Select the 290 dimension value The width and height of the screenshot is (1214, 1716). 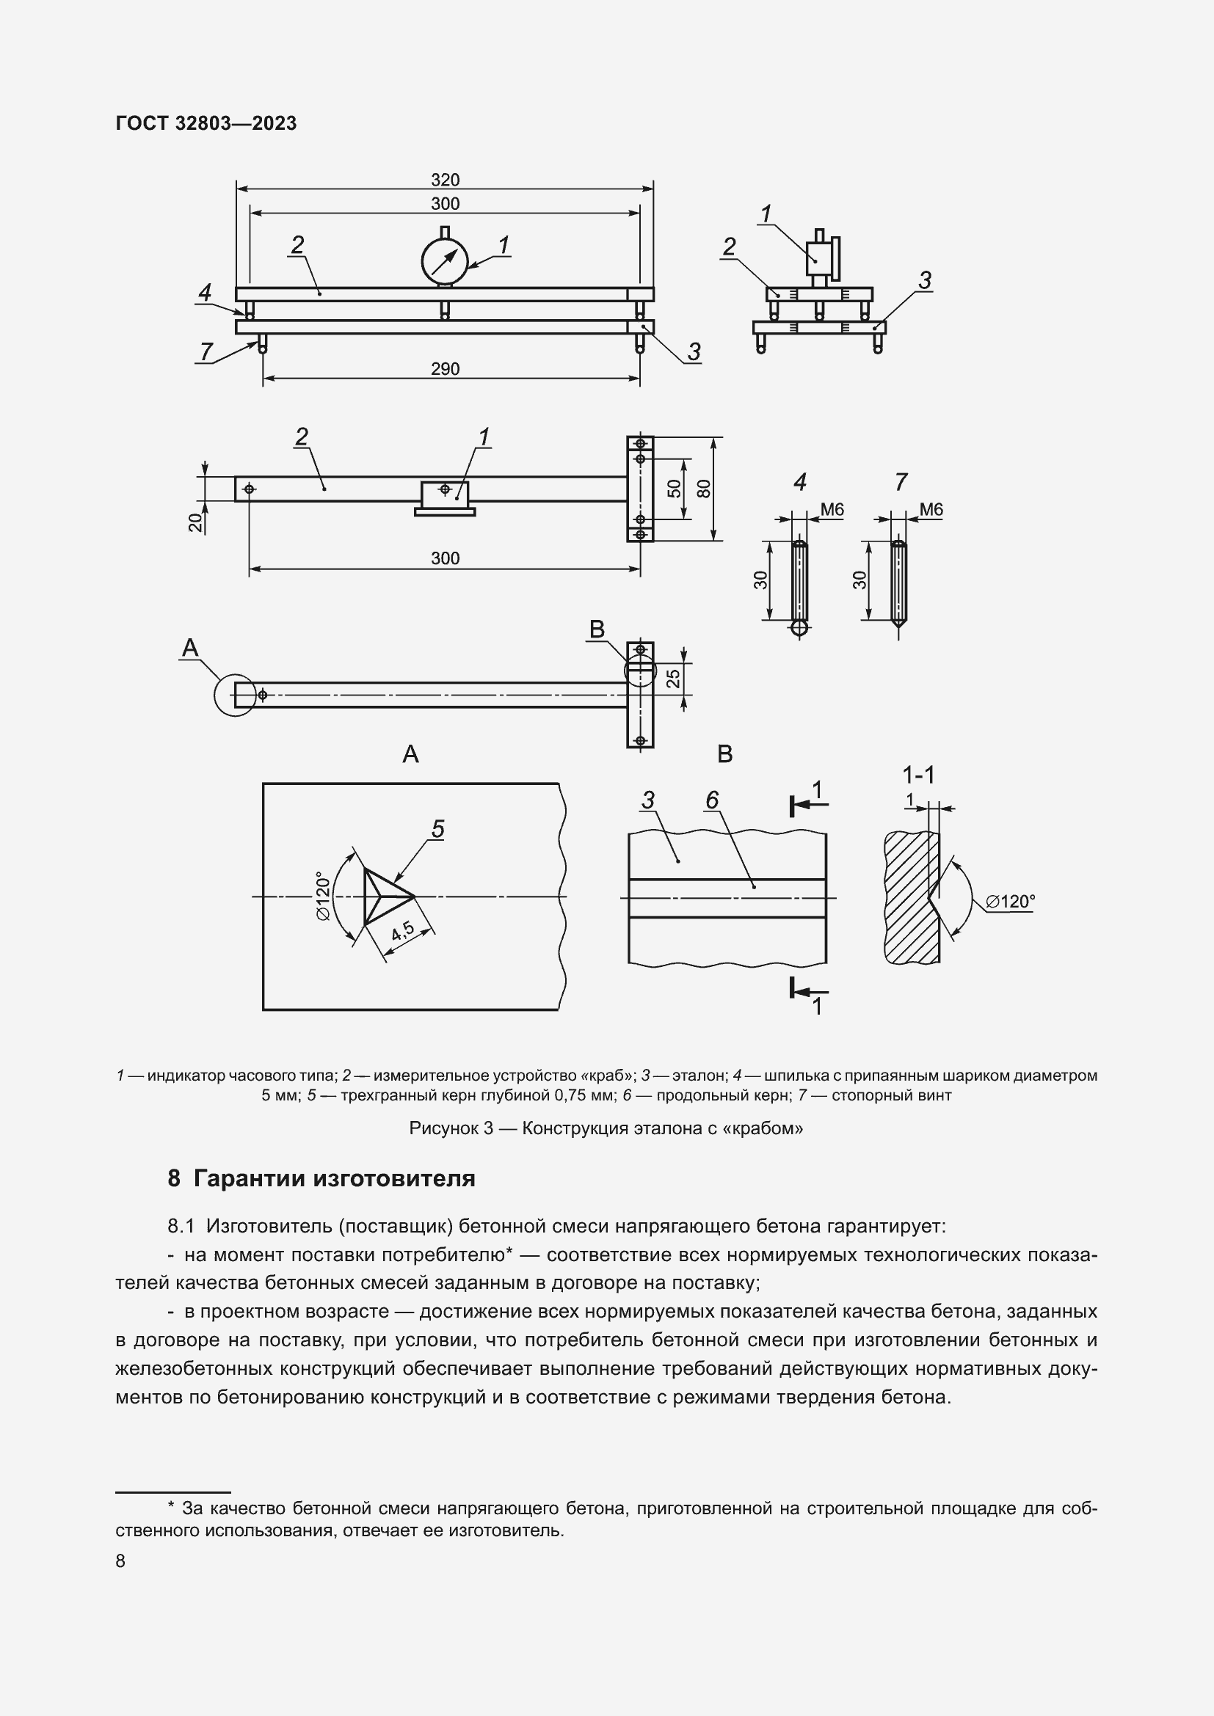(x=445, y=369)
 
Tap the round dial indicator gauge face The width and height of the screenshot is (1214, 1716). (x=445, y=261)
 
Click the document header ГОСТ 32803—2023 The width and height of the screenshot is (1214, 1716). (x=206, y=123)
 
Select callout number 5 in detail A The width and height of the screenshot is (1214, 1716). (x=438, y=829)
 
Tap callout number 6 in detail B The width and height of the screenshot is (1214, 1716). (x=712, y=800)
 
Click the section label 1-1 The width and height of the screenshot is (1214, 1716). (x=919, y=775)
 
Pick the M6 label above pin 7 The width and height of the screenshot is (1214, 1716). (x=931, y=510)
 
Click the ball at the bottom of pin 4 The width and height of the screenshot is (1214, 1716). (x=799, y=629)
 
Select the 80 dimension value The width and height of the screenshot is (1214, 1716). (x=703, y=489)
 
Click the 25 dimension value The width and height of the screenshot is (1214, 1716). (x=674, y=678)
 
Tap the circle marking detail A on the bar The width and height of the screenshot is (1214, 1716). (x=235, y=695)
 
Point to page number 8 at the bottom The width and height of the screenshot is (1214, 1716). (x=120, y=1560)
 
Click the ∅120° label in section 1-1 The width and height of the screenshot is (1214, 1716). (x=1010, y=902)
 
